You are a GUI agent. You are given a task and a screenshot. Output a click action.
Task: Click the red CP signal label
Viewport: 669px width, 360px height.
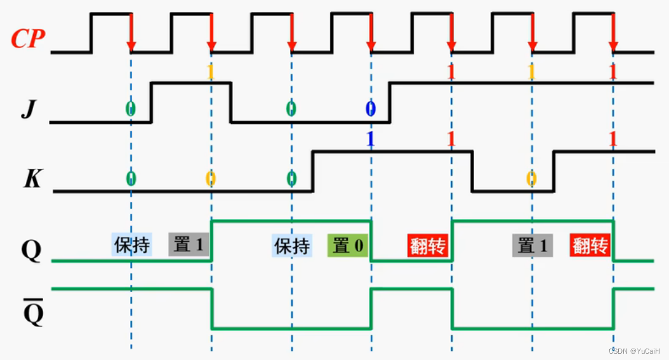28,39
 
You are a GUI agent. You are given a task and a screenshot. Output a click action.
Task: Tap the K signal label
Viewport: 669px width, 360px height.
32,179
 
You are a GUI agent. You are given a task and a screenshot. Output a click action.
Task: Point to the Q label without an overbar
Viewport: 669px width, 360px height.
31,251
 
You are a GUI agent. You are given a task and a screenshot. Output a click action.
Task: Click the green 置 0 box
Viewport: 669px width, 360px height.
348,245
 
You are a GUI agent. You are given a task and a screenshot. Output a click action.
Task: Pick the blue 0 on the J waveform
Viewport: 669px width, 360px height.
371,109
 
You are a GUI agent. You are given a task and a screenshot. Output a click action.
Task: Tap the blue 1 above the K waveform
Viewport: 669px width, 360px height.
371,139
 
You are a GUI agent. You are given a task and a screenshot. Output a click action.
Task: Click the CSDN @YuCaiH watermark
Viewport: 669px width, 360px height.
634,350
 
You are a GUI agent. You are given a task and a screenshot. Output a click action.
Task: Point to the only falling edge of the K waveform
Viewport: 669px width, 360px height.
472,171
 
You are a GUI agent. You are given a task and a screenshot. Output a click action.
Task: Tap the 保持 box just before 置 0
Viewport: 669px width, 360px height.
292,245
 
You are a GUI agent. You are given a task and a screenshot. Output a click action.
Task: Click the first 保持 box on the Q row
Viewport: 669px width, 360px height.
132,244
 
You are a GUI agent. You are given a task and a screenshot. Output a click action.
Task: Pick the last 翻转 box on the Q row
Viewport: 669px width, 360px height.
590,245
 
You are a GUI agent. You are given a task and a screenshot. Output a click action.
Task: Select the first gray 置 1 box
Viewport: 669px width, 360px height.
189,244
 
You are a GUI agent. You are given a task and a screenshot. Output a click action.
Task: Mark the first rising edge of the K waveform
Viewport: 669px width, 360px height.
312,171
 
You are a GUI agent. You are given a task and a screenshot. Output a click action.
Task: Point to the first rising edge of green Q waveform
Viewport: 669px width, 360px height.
211,240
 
